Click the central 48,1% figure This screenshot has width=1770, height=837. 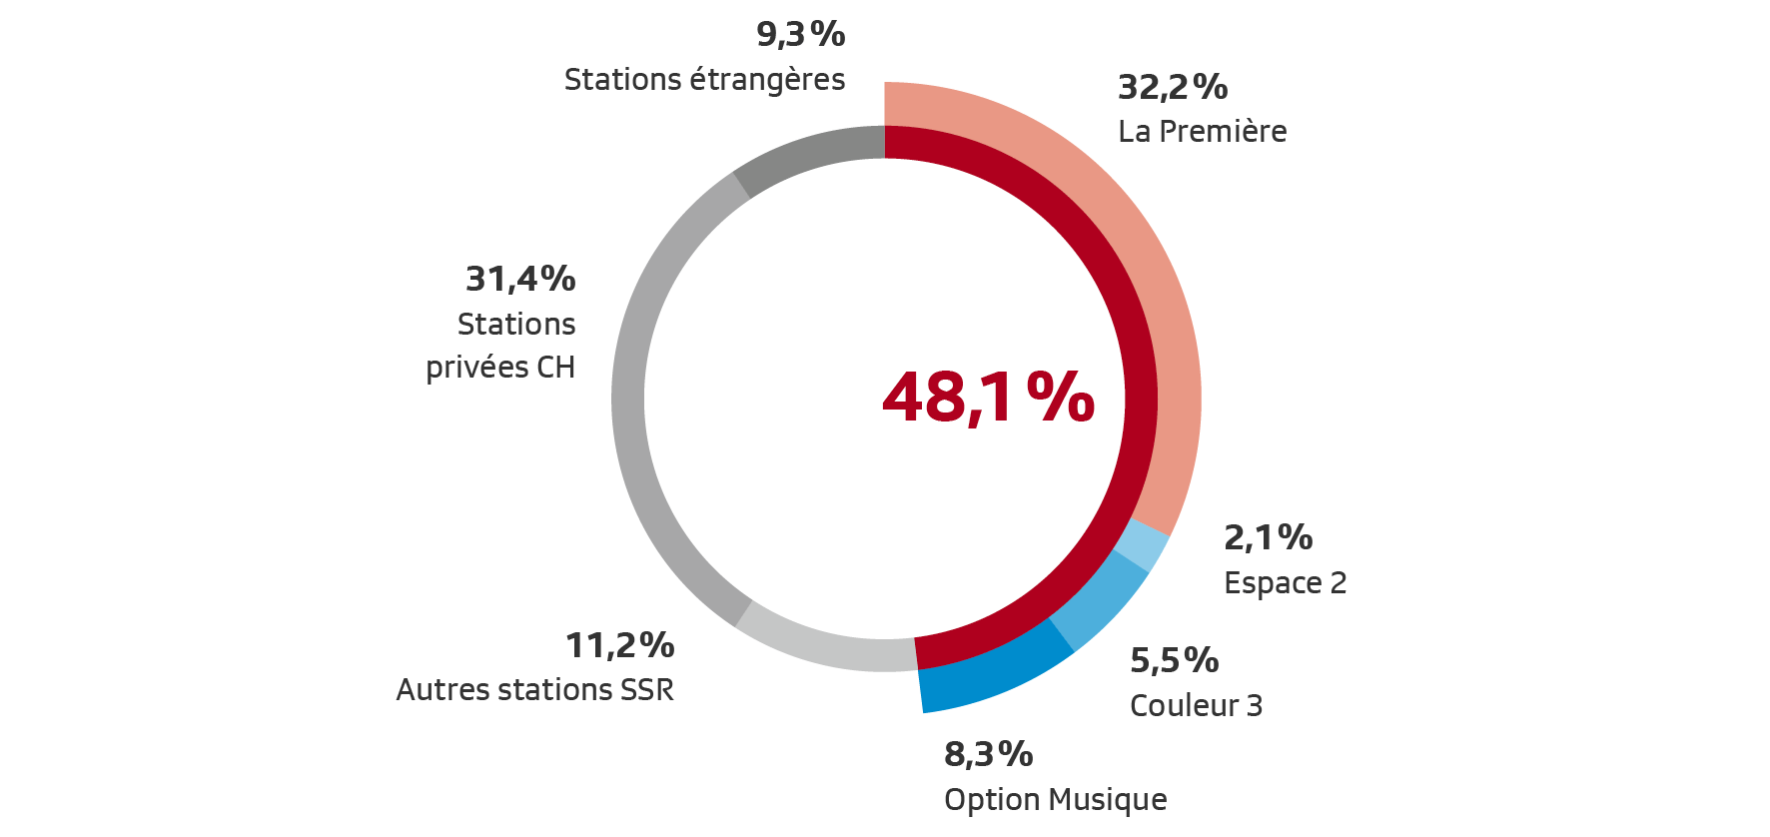pyautogui.click(x=988, y=398)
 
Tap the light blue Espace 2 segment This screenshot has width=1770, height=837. pyautogui.click(x=1141, y=545)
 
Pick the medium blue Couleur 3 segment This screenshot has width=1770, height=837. pyautogui.click(x=1099, y=599)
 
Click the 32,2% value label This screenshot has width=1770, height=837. pyautogui.click(x=1173, y=87)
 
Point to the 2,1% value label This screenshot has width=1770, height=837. pyautogui.click(x=1268, y=537)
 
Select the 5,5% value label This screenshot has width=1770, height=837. pyautogui.click(x=1174, y=660)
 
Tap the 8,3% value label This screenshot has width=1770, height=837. pyautogui.click(x=988, y=754)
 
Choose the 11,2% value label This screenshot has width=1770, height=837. pyautogui.click(x=619, y=645)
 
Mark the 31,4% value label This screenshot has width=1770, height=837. pyautogui.click(x=520, y=279)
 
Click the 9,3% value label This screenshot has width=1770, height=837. pyautogui.click(x=800, y=34)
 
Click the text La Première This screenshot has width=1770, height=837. pyautogui.click(x=1202, y=131)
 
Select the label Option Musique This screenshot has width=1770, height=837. pyautogui.click(x=1055, y=799)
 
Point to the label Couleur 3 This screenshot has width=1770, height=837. pyautogui.click(x=1196, y=705)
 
